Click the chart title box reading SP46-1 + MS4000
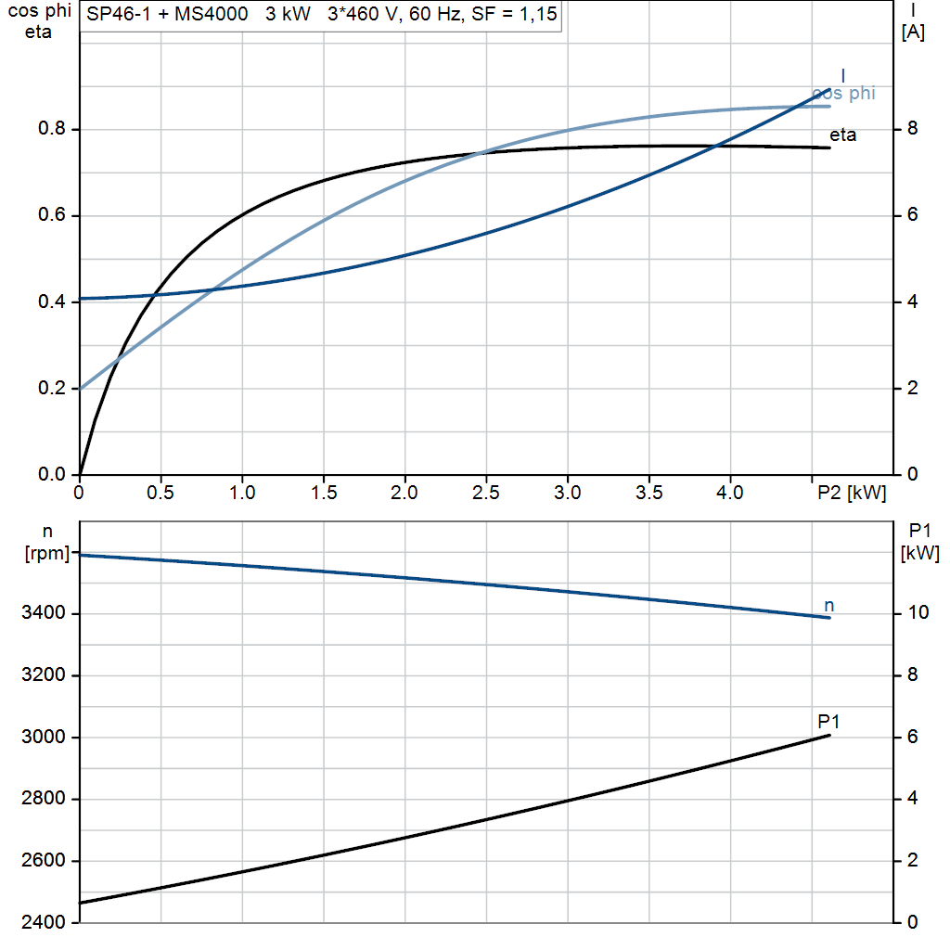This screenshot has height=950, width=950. pyautogui.click(x=322, y=16)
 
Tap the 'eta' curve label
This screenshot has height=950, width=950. pyautogui.click(x=842, y=135)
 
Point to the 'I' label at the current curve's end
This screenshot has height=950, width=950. pyautogui.click(x=842, y=75)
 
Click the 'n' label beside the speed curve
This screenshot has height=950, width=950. pyautogui.click(x=829, y=606)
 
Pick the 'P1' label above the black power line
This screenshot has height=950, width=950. pyautogui.click(x=829, y=721)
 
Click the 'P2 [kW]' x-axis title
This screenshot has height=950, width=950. pyautogui.click(x=852, y=493)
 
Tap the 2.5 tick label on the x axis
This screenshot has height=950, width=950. pyautogui.click(x=486, y=493)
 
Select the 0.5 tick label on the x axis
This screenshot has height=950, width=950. pyautogui.click(x=160, y=493)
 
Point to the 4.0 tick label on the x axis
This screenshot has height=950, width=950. pyautogui.click(x=730, y=493)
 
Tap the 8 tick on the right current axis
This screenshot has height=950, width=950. pyautogui.click(x=912, y=129)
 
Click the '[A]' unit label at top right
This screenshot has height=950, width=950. pyautogui.click(x=913, y=32)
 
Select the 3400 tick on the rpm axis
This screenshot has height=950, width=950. pyautogui.click(x=45, y=613)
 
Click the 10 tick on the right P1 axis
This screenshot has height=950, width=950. pyautogui.click(x=918, y=613)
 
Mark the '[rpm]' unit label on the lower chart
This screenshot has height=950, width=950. pyautogui.click(x=45, y=554)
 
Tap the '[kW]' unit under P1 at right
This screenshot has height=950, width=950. pyautogui.click(x=920, y=554)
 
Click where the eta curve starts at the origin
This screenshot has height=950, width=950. pyautogui.click(x=81, y=473)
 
